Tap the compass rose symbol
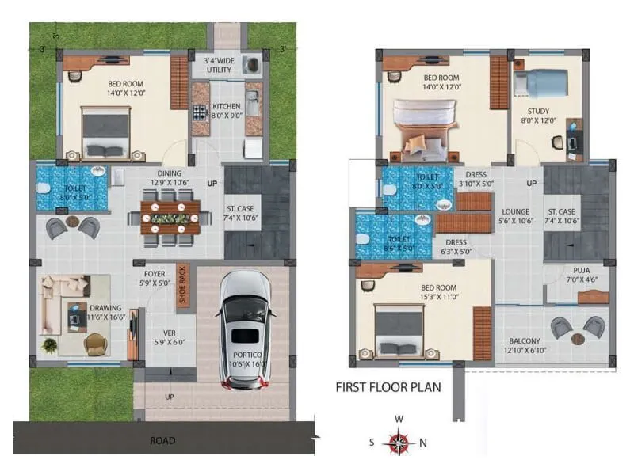pyautogui.click(x=399, y=442)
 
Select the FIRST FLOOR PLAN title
pyautogui.click(x=388, y=388)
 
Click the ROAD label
pyautogui.click(x=162, y=440)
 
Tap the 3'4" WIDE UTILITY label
pyautogui.click(x=219, y=65)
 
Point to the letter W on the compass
pyautogui.click(x=399, y=419)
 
